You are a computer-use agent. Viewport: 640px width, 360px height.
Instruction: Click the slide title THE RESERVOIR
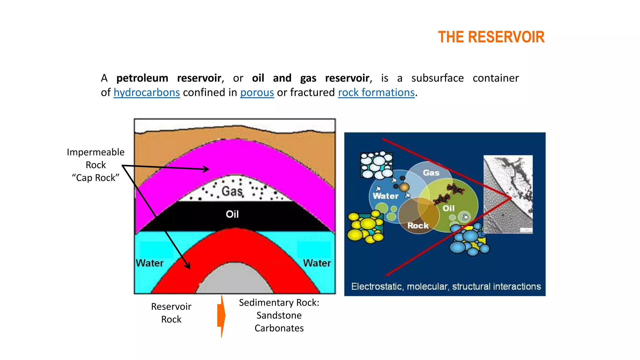(x=491, y=37)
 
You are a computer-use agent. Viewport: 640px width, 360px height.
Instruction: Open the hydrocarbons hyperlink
(x=147, y=92)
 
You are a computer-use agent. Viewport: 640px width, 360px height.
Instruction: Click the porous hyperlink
(x=257, y=92)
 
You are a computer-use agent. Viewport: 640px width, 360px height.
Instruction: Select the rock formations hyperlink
(x=376, y=92)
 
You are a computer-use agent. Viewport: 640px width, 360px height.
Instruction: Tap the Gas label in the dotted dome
(x=232, y=191)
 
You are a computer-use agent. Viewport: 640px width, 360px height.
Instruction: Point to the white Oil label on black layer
(x=232, y=214)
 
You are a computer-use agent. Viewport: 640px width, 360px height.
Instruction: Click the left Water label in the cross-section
(x=150, y=263)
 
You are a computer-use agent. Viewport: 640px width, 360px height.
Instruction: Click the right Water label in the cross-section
(x=317, y=263)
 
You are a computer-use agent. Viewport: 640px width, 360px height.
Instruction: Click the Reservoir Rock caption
(x=171, y=313)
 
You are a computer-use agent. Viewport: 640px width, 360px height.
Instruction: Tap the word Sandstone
(x=279, y=315)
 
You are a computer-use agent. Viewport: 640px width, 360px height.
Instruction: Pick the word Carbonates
(x=279, y=328)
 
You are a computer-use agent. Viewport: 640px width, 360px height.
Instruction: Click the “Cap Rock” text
(x=96, y=178)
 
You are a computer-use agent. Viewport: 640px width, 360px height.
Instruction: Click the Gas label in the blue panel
(x=431, y=173)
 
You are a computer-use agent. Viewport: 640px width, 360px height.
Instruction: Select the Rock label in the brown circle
(x=418, y=226)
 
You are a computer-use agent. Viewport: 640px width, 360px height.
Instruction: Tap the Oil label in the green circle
(x=448, y=208)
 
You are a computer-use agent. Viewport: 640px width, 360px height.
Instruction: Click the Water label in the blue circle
(x=386, y=196)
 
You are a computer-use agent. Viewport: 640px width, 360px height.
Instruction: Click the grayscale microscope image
(x=508, y=194)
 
